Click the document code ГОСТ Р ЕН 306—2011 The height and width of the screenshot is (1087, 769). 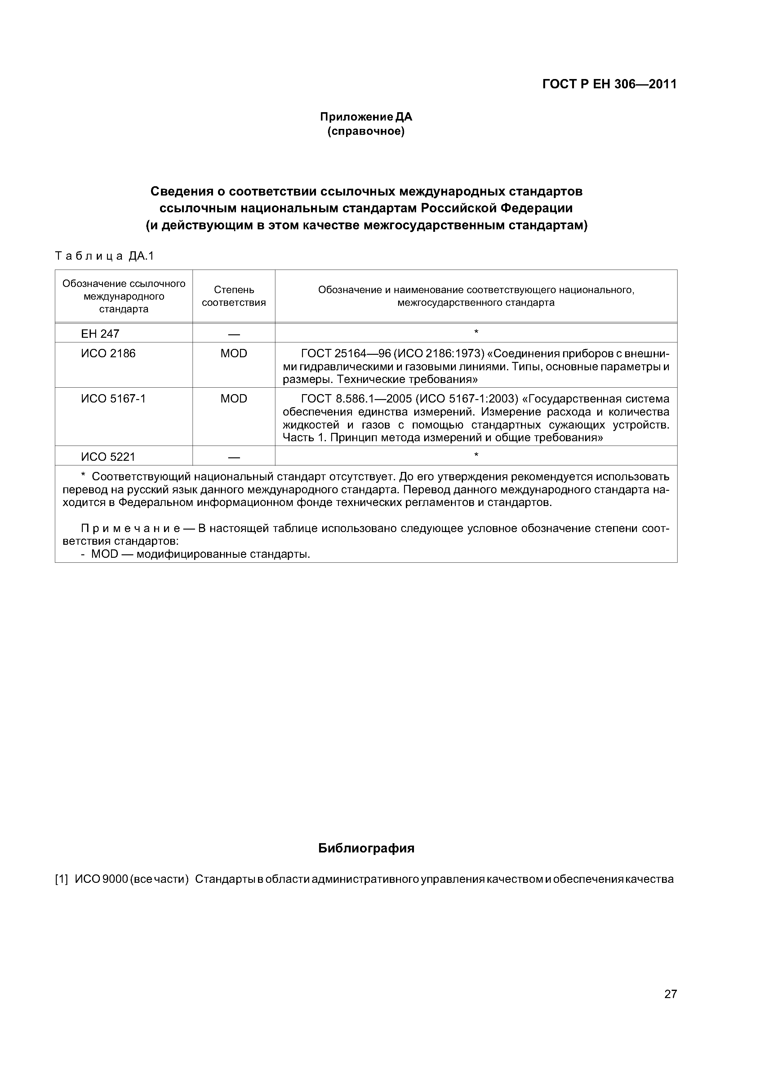pos(609,84)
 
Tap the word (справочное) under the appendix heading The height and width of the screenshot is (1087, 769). pos(366,131)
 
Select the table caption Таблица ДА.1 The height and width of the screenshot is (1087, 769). pos(105,256)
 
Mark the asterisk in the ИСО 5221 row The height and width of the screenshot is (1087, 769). pos(476,455)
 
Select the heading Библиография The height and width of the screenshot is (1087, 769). pos(366,848)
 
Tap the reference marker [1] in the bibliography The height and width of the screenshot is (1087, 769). pos(62,879)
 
